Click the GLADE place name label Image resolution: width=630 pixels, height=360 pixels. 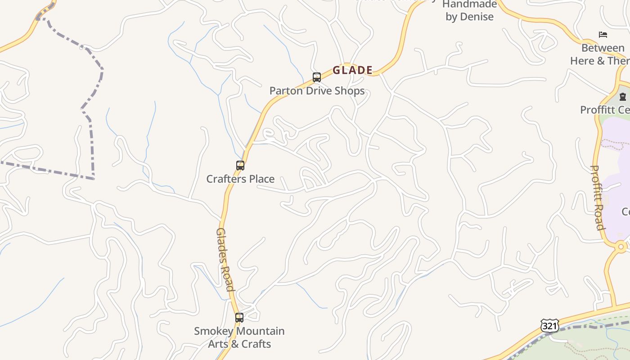[x=352, y=70]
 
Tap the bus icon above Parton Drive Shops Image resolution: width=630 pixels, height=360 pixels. [x=317, y=77]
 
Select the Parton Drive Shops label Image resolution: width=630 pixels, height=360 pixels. [x=317, y=91]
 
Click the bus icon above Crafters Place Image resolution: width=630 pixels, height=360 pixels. [x=240, y=166]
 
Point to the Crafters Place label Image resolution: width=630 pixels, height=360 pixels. [x=240, y=179]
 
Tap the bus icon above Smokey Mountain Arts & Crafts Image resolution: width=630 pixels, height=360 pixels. [x=239, y=318]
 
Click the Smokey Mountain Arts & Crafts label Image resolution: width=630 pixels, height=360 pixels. [x=239, y=337]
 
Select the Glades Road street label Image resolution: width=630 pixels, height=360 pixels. [x=225, y=260]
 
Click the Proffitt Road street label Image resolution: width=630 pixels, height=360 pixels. [x=597, y=198]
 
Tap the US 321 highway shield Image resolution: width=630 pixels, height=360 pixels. [x=549, y=326]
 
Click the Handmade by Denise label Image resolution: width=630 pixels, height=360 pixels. [x=469, y=11]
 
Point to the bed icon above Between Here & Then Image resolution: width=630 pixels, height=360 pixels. [x=603, y=35]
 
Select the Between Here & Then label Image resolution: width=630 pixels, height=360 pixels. [x=600, y=54]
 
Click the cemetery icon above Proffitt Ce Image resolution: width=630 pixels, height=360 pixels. [x=623, y=96]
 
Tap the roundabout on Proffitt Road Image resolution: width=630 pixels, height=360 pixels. [x=621, y=247]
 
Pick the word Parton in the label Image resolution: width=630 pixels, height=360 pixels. [x=286, y=91]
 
